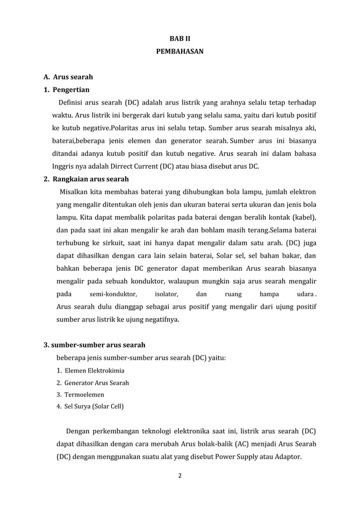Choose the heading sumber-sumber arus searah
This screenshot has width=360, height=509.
(x=95, y=344)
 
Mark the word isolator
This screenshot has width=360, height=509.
(x=166, y=295)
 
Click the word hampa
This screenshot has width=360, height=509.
(x=269, y=295)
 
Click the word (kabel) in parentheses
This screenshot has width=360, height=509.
(x=304, y=217)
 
